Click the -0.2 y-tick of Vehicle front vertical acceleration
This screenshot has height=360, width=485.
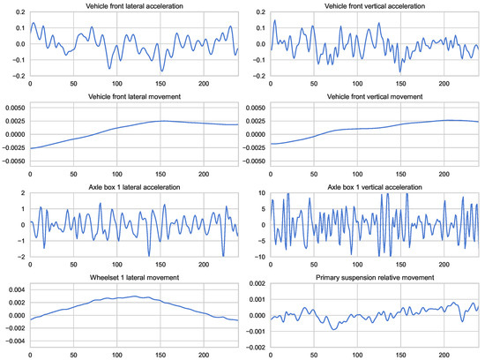pos(257,73)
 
